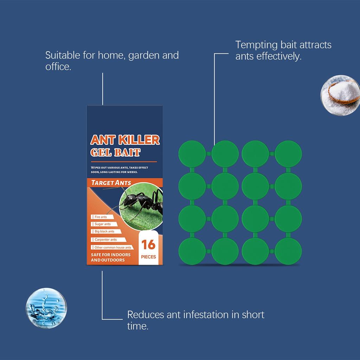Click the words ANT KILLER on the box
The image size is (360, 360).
[x=125, y=140]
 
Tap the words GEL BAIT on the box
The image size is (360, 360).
[x=115, y=152]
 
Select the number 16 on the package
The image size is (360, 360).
[x=148, y=245]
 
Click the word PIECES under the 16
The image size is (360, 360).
[x=148, y=257]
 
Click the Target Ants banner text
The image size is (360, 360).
[x=111, y=183]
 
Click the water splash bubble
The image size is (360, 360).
[x=46, y=308]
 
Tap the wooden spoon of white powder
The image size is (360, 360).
[x=344, y=93]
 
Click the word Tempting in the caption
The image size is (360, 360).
[x=256, y=45]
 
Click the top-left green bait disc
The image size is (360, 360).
[x=192, y=154]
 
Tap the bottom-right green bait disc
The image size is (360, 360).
[x=288, y=251]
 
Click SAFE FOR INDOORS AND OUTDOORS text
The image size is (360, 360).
[x=111, y=257]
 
